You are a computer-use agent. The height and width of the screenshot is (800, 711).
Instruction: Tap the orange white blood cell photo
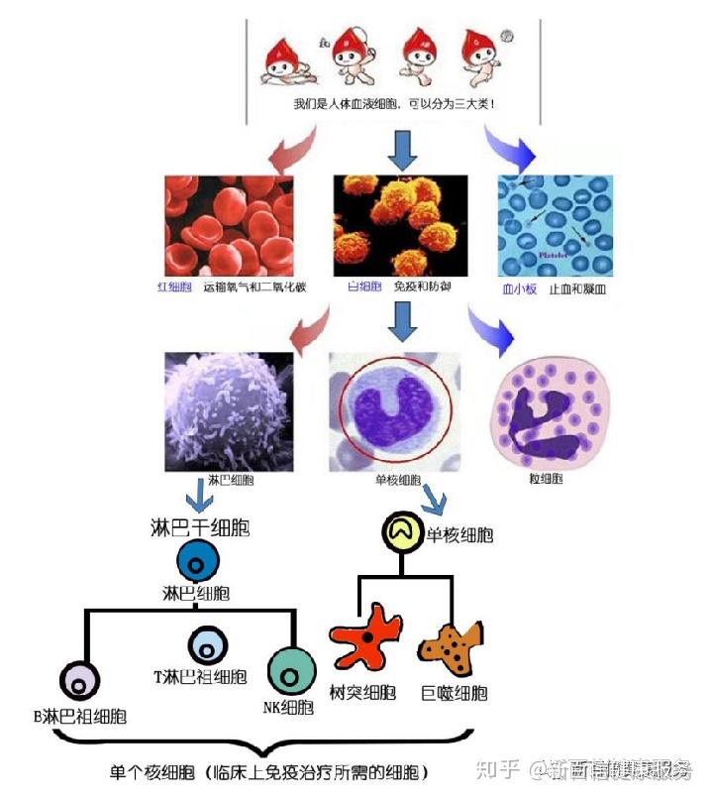click(x=400, y=226)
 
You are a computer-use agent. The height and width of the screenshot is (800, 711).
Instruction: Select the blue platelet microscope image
click(x=556, y=226)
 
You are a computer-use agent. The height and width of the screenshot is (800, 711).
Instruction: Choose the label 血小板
click(x=519, y=289)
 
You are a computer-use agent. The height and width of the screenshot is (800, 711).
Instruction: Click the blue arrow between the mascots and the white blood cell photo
click(x=401, y=150)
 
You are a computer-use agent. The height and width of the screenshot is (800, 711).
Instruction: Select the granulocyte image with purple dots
click(x=549, y=412)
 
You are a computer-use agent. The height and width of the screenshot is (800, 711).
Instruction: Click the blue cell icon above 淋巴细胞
click(x=197, y=563)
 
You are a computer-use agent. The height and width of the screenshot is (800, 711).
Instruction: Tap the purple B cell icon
click(x=80, y=681)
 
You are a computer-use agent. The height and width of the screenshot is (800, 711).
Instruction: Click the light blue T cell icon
click(x=208, y=645)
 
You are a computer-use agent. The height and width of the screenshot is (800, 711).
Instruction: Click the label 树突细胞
click(x=363, y=692)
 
